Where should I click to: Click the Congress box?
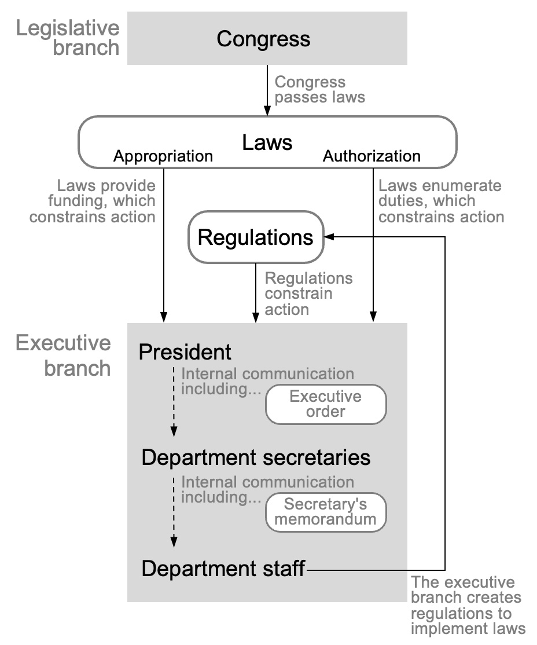(267, 39)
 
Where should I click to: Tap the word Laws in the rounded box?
(267, 142)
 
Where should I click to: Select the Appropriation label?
(163, 156)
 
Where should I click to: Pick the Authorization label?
(372, 156)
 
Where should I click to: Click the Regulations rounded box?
(255, 237)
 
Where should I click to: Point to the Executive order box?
(325, 404)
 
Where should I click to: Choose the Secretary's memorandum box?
(325, 512)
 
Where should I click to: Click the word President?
(185, 352)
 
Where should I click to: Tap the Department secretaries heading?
(256, 457)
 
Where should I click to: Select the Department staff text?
(223, 569)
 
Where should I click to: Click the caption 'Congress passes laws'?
(319, 89)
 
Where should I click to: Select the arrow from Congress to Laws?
(267, 90)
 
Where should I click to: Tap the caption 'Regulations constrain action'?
(308, 294)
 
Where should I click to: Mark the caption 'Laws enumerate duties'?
(440, 201)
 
